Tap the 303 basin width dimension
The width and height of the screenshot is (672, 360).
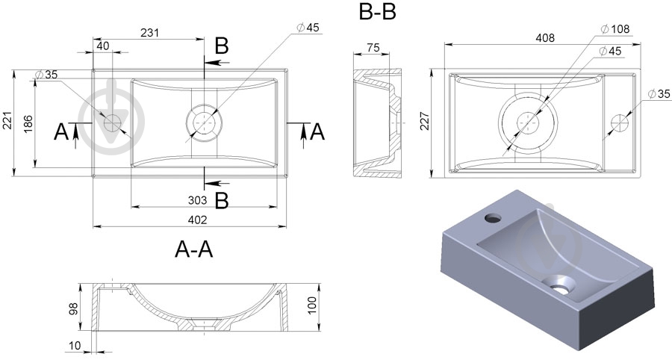tap(197, 199)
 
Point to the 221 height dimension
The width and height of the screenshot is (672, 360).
tap(7, 122)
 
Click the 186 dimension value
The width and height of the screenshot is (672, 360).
tap(27, 122)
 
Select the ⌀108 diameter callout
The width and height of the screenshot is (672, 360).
tap(615, 29)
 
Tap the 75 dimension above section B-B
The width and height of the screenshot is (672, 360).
tap(374, 49)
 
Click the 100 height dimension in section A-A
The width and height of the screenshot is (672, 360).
tap(312, 304)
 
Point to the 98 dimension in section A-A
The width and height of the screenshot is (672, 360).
tap(73, 309)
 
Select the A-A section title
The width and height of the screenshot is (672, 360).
tap(193, 250)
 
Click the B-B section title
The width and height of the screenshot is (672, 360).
tap(377, 13)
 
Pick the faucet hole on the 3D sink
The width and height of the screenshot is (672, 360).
tap(493, 218)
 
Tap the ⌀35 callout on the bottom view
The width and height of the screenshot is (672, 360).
tap(657, 93)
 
